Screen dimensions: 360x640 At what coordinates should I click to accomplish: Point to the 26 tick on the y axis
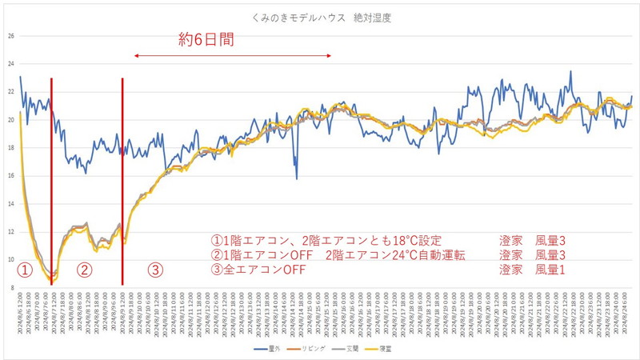[10, 36]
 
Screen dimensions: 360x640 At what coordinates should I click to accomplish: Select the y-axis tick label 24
[10, 64]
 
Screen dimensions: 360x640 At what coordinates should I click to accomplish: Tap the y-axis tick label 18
[10, 148]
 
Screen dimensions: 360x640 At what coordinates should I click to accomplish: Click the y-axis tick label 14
[10, 204]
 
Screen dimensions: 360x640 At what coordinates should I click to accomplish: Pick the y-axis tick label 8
[10, 287]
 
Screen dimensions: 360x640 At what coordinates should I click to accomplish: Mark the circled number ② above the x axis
[84, 270]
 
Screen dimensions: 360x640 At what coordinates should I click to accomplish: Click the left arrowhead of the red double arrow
[135, 55]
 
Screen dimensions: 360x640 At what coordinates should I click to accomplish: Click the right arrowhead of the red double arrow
[330, 55]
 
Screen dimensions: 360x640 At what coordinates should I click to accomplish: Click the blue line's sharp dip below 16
[296, 178]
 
